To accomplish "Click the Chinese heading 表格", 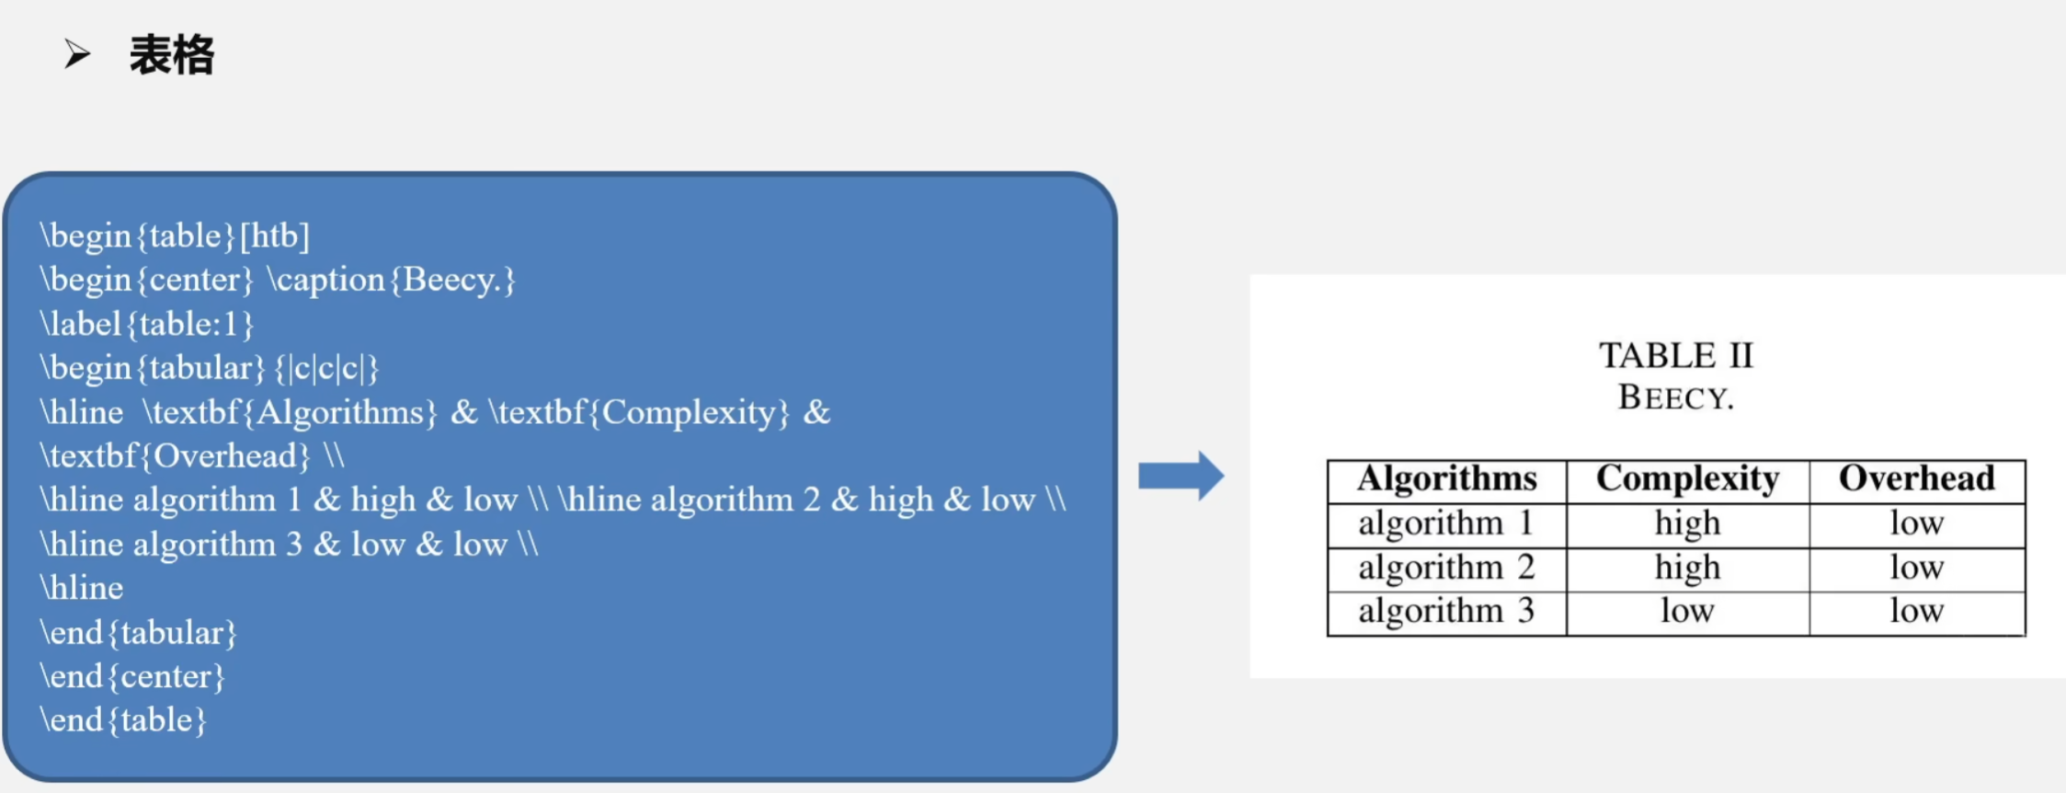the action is pyautogui.click(x=171, y=55).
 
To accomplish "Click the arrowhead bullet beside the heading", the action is pyautogui.click(x=77, y=54).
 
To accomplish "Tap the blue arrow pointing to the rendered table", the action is pyautogui.click(x=1181, y=476).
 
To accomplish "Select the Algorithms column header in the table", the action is pyautogui.click(x=1446, y=479).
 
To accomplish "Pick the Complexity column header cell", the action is pyautogui.click(x=1687, y=479).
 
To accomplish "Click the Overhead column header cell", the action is pyautogui.click(x=1916, y=479).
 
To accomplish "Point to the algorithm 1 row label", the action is pyautogui.click(x=1446, y=523).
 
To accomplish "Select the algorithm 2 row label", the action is pyautogui.click(x=1446, y=568).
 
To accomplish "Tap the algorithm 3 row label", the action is pyautogui.click(x=1446, y=612).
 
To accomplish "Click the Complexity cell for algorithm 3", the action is pyautogui.click(x=1687, y=612).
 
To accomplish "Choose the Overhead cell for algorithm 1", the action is pyautogui.click(x=1916, y=523).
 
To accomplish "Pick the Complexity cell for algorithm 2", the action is pyautogui.click(x=1687, y=568).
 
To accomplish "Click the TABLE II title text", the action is pyautogui.click(x=1675, y=356).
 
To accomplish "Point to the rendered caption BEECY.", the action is pyautogui.click(x=1675, y=397).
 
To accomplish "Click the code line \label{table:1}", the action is pyautogui.click(x=146, y=324).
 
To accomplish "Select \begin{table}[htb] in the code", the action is pyautogui.click(x=175, y=236).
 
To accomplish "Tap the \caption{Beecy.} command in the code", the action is pyautogui.click(x=392, y=280).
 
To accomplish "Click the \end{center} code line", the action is pyautogui.click(x=132, y=677).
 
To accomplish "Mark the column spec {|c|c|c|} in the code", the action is pyautogui.click(x=326, y=368).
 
